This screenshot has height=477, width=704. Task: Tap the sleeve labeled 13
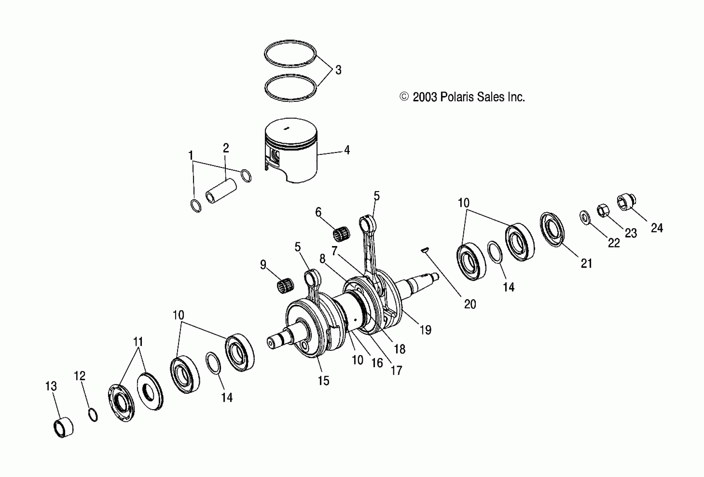click(63, 427)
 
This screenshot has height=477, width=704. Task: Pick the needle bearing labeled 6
click(341, 233)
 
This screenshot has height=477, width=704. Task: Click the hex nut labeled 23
click(603, 210)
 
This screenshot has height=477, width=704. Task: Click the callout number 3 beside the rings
click(338, 70)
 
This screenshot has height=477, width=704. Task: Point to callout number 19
click(425, 330)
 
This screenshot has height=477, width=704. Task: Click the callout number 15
click(323, 381)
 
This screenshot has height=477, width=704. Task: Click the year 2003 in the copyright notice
click(425, 97)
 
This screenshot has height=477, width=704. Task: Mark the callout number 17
click(396, 370)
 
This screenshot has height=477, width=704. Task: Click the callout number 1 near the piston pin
click(190, 155)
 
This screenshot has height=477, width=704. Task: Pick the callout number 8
click(322, 258)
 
